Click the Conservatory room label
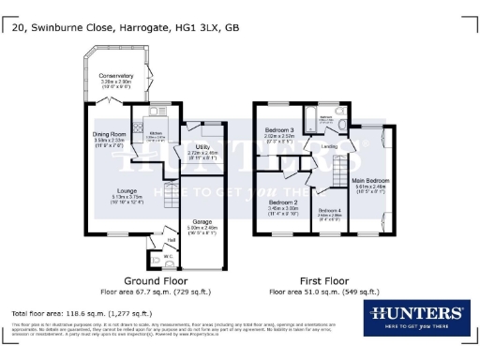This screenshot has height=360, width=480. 116,75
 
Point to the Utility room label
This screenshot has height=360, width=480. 202,147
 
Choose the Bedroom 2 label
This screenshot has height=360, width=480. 283,202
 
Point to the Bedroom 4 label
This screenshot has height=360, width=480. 328,210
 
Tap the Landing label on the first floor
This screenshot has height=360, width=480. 329,146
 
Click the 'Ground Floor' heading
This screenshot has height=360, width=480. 152,280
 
